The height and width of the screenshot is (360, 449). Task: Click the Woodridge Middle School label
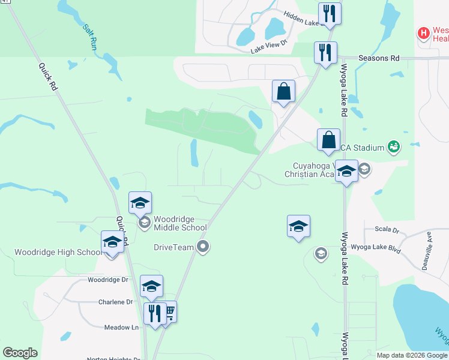[x=180, y=223]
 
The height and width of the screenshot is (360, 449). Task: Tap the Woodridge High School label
[x=58, y=253]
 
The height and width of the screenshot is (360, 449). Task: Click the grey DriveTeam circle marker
[x=203, y=247]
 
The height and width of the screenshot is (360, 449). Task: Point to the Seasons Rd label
[x=379, y=58]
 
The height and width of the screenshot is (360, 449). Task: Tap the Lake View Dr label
[x=270, y=47]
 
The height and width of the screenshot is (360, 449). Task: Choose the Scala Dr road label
[x=387, y=230]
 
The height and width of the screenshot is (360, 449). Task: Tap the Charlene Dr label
[x=115, y=302]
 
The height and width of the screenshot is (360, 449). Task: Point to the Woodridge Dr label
[x=108, y=280]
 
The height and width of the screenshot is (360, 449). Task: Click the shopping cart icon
[x=169, y=311]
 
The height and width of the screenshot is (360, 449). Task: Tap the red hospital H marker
[x=424, y=32]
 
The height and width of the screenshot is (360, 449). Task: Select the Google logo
[x=20, y=353]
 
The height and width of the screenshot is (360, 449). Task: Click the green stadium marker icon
[x=394, y=146]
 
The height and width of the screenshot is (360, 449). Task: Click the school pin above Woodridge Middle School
[x=140, y=202]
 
